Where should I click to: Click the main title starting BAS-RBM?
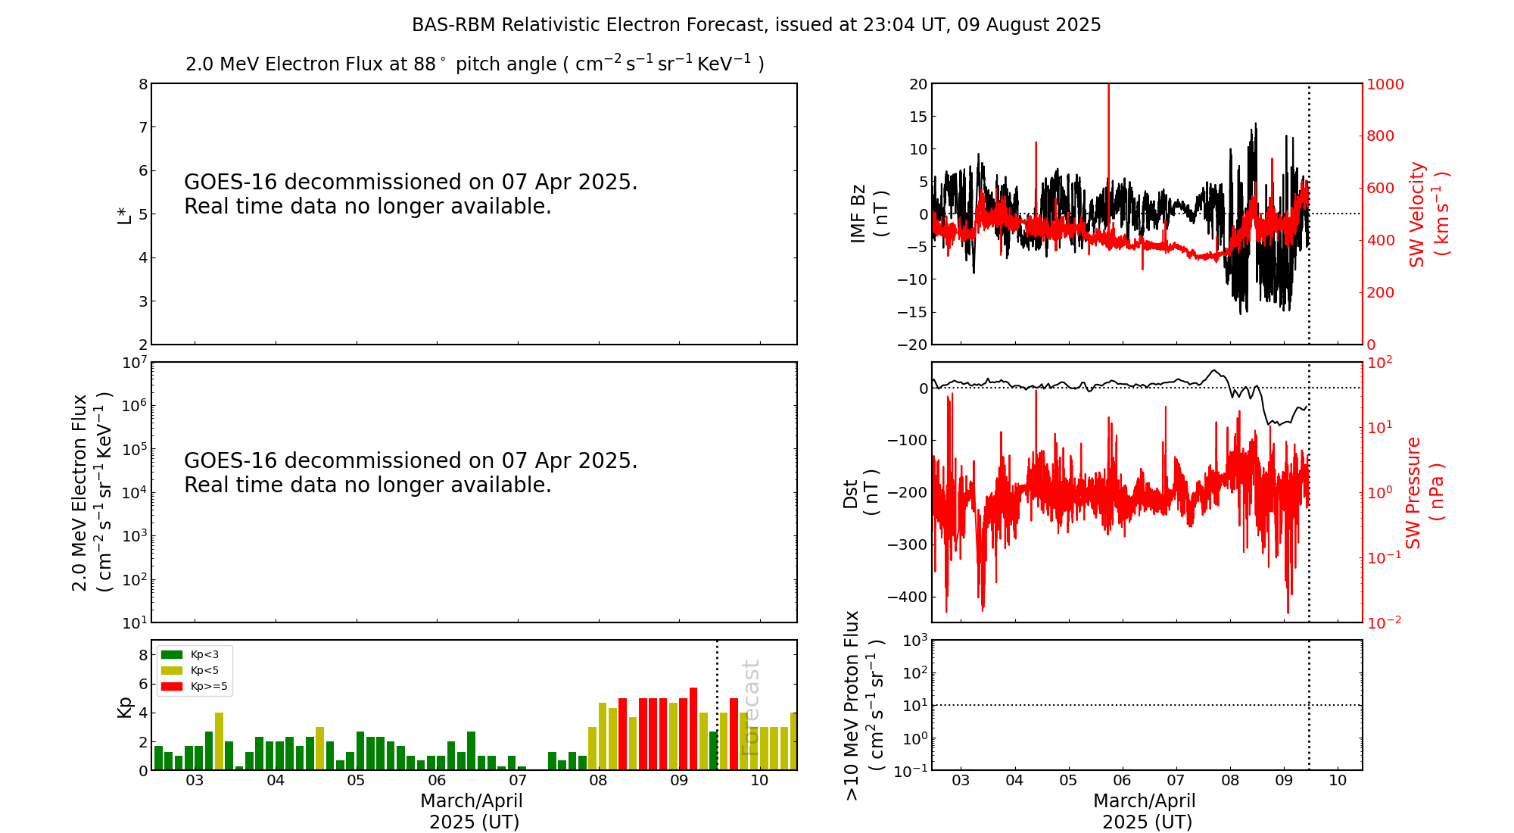[x=756, y=25]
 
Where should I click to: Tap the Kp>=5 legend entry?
[x=194, y=687]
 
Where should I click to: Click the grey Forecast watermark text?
[x=749, y=708]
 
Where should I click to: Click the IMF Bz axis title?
[x=869, y=214]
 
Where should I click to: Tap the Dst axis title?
[x=861, y=492]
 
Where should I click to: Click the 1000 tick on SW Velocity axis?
[x=1385, y=84]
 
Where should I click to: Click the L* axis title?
[x=124, y=214]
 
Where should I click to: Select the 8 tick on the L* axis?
[x=143, y=84]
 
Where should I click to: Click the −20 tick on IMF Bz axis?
[x=912, y=345]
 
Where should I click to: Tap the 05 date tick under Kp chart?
[x=356, y=781]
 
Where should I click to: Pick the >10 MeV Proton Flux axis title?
[x=864, y=705]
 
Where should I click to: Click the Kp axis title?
[x=124, y=707]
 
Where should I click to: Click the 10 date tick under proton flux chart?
[x=1338, y=781]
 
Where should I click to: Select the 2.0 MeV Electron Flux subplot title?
[x=475, y=64]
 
